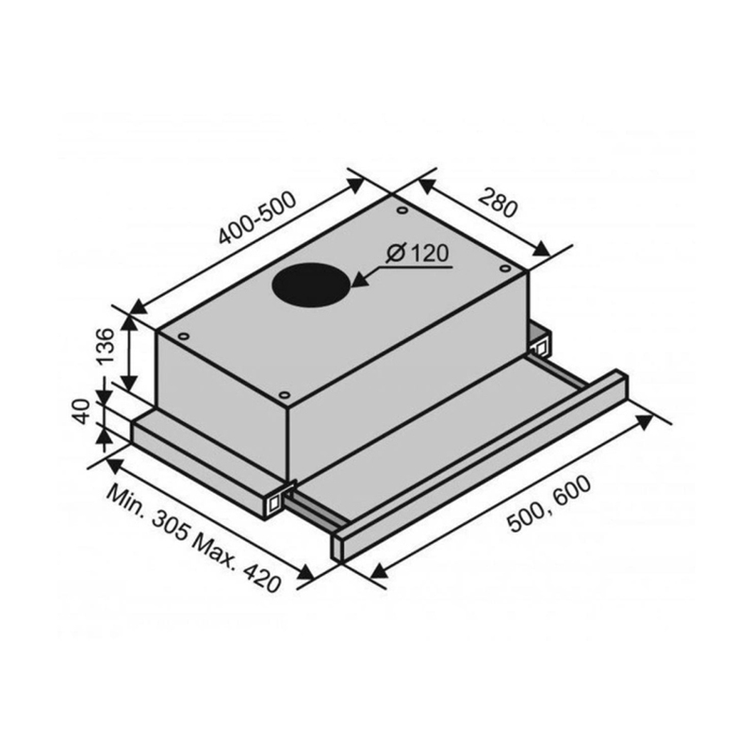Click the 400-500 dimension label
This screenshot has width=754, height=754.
click(257, 219)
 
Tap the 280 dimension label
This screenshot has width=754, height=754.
click(500, 203)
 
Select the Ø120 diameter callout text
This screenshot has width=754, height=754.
click(417, 254)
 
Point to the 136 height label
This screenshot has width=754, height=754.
click(106, 346)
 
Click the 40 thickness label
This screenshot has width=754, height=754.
click(82, 412)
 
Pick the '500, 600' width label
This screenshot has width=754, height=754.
click(549, 504)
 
